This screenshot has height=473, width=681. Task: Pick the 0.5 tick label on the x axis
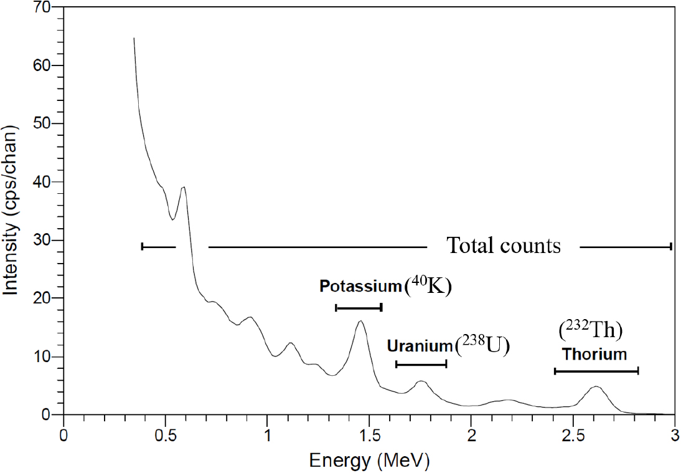[x=165, y=434]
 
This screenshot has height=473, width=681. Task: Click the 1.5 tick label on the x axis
[x=369, y=434]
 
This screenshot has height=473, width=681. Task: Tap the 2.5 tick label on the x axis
[x=573, y=434]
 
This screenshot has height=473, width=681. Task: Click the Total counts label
[x=504, y=246]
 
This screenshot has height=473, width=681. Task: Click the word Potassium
[x=360, y=286]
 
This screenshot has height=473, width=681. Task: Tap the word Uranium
[x=419, y=345]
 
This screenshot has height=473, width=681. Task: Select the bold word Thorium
[x=594, y=355]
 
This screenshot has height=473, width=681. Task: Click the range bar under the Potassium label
[x=359, y=307]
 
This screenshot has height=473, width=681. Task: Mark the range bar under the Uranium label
[x=421, y=364]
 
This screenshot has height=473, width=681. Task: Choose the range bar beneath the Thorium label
[x=596, y=371]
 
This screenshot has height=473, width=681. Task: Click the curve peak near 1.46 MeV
[x=360, y=322]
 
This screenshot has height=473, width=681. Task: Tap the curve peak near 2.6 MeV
[x=596, y=387]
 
